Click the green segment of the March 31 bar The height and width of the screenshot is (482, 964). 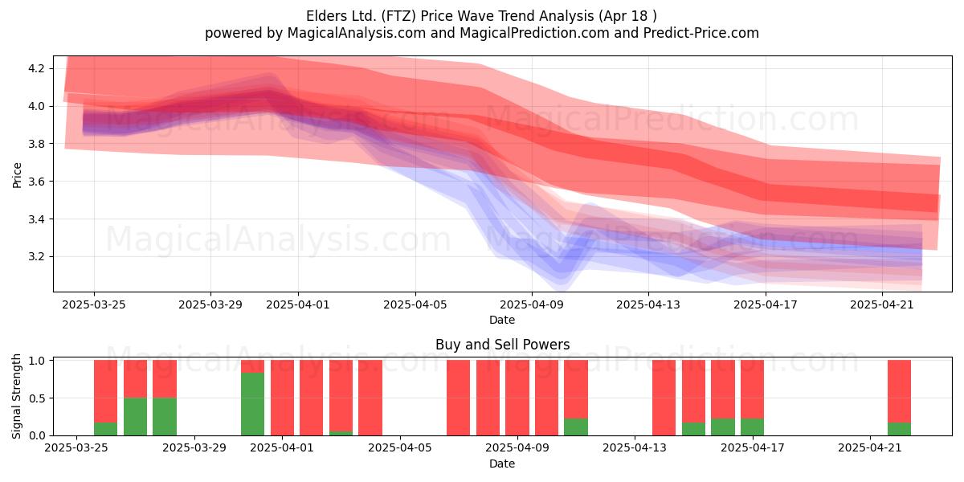click(252, 403)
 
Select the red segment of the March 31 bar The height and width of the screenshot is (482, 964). click(252, 366)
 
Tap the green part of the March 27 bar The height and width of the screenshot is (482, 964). click(135, 416)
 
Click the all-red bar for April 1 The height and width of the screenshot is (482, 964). click(282, 398)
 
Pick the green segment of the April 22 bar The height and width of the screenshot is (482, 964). click(900, 429)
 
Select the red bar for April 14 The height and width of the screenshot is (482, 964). click(664, 398)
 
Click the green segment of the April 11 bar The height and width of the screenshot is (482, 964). click(576, 427)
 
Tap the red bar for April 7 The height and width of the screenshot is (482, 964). click(459, 398)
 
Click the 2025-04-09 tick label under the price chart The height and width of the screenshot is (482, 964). click(532, 304)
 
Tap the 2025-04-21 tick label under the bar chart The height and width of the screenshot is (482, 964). click(870, 447)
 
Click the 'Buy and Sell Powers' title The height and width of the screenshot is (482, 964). click(503, 345)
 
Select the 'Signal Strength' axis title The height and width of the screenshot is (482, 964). click(16, 396)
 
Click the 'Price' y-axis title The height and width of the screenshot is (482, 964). click(17, 175)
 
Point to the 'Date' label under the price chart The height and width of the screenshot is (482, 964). click(502, 320)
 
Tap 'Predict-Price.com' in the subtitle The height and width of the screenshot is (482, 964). click(701, 33)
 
